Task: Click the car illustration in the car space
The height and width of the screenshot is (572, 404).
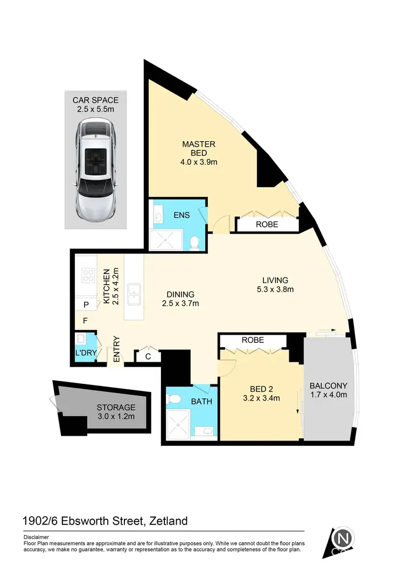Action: pos(96,171)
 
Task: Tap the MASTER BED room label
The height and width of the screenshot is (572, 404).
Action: pos(198,144)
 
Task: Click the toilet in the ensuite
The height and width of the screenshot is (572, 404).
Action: pos(196,243)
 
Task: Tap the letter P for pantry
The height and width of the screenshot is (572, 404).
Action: pos(85,305)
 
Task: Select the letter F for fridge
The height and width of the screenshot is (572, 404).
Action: pos(85,321)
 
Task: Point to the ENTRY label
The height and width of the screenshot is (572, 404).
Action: pos(116,349)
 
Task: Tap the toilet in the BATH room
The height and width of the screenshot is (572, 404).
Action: pos(174,398)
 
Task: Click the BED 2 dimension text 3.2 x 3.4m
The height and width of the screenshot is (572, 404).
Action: pos(260,398)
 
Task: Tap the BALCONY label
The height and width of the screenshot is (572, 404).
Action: pos(328,386)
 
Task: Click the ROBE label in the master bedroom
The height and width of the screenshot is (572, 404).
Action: pos(267,224)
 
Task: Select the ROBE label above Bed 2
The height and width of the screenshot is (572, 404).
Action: pos(253,340)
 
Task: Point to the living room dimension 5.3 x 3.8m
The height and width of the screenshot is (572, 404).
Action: pos(275,289)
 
